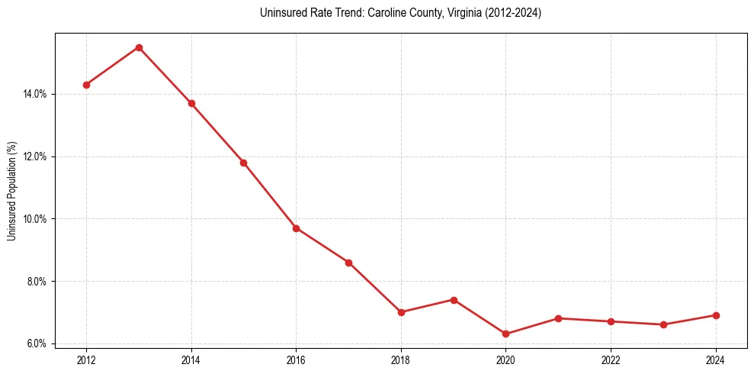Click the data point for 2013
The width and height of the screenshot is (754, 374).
coord(139,47)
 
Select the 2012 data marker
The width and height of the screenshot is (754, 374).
coord(86,85)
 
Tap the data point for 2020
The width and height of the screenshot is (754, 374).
coord(506,334)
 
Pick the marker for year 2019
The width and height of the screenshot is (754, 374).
coord(454,300)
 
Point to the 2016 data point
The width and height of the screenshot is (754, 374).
coord(296,228)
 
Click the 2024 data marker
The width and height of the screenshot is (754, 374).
coord(716,315)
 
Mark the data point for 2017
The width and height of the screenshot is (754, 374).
coord(348,263)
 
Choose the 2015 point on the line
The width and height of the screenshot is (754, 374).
coord(243,163)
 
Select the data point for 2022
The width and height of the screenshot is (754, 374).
coord(611,321)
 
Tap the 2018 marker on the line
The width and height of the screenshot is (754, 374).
coord(401,312)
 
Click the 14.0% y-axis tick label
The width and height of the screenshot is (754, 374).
coord(35,94)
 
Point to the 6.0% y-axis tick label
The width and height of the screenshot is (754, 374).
coord(37,343)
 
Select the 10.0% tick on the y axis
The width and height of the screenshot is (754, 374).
coord(35,219)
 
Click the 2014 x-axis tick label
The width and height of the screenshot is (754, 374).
coord(191,360)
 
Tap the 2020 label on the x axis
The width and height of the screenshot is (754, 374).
coord(506,360)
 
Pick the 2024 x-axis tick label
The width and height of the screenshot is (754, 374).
coord(716,360)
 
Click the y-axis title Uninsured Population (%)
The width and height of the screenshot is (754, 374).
coord(11,191)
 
